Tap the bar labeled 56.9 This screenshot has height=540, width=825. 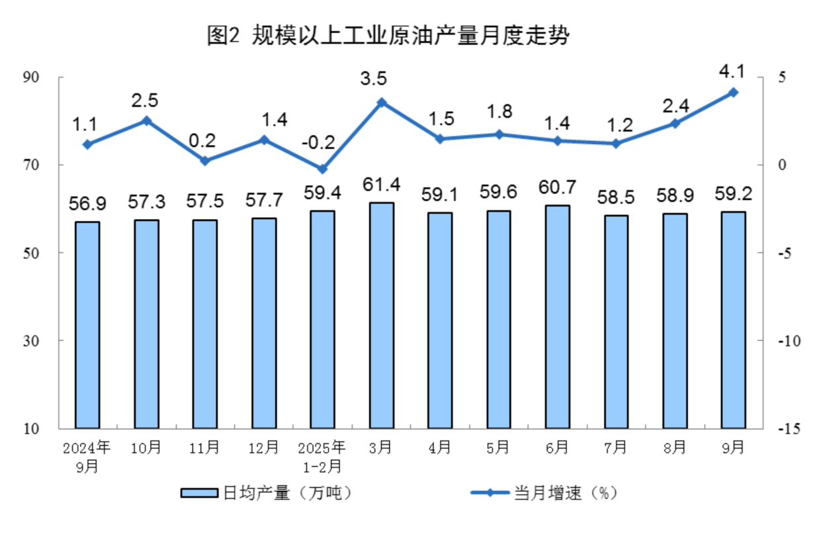click(x=87, y=325)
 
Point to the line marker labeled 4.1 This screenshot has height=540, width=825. click(x=733, y=93)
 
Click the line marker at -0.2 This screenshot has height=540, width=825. click(x=322, y=169)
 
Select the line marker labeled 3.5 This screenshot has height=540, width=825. click(x=381, y=103)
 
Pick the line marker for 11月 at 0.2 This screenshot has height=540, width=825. click(x=205, y=161)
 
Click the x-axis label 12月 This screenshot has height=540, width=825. click(x=263, y=448)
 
